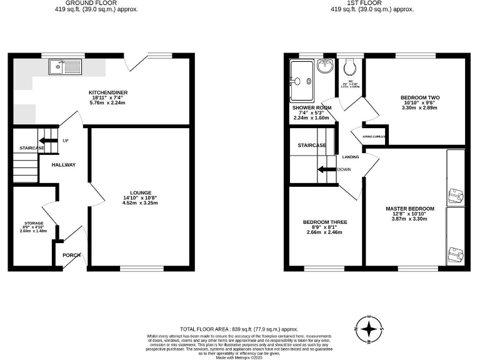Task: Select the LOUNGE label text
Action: tap(141, 192)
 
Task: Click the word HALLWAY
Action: tap(64, 165)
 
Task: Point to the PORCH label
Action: tap(71, 255)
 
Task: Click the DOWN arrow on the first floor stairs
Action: tap(326, 169)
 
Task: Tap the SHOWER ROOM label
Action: tap(312, 107)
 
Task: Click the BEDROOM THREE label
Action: tap(325, 222)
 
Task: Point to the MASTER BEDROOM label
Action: tap(409, 208)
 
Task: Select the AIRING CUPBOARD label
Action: tap(375, 136)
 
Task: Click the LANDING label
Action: tap(350, 157)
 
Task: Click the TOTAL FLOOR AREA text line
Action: tap(239, 329)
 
